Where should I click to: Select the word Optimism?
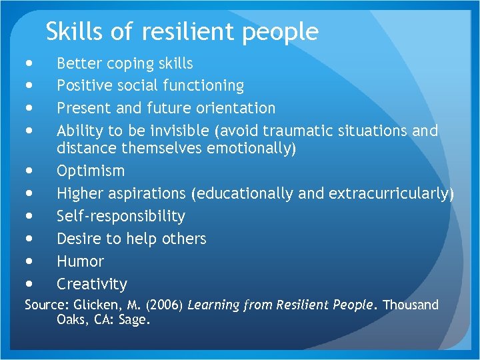coord(91,171)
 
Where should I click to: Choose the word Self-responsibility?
coord(121,216)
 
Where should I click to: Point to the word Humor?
coord(80,261)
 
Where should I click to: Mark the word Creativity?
coord(91,284)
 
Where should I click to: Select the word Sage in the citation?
coord(136,320)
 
